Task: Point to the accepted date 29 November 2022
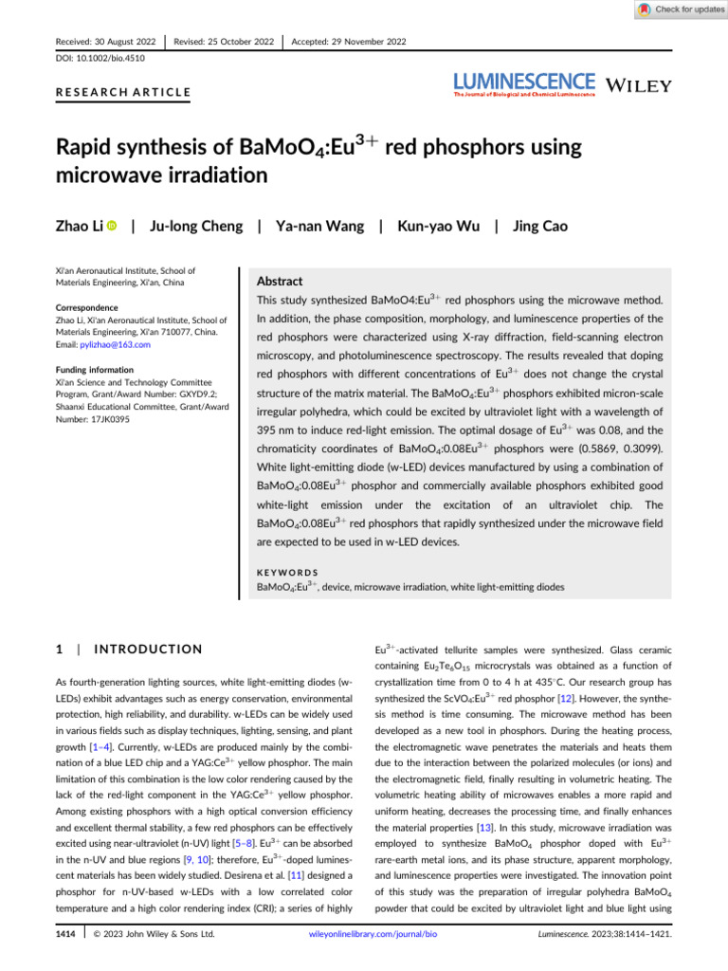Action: (349, 42)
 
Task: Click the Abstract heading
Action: (281, 282)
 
